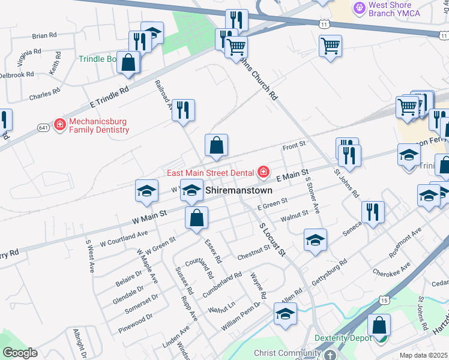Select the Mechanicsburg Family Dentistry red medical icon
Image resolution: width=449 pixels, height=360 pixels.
(60, 125)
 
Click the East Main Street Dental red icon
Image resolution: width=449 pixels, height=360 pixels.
(263, 173)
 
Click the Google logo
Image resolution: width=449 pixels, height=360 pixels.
(20, 353)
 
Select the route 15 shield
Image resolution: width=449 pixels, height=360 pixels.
(384, 299)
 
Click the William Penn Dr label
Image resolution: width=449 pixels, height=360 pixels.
(242, 313)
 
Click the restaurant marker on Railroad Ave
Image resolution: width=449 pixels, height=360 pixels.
(184, 110)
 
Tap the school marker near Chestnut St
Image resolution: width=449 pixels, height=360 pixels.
(315, 241)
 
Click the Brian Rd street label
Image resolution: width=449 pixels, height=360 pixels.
(44, 36)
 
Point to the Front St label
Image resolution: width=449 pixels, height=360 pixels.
(294, 145)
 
